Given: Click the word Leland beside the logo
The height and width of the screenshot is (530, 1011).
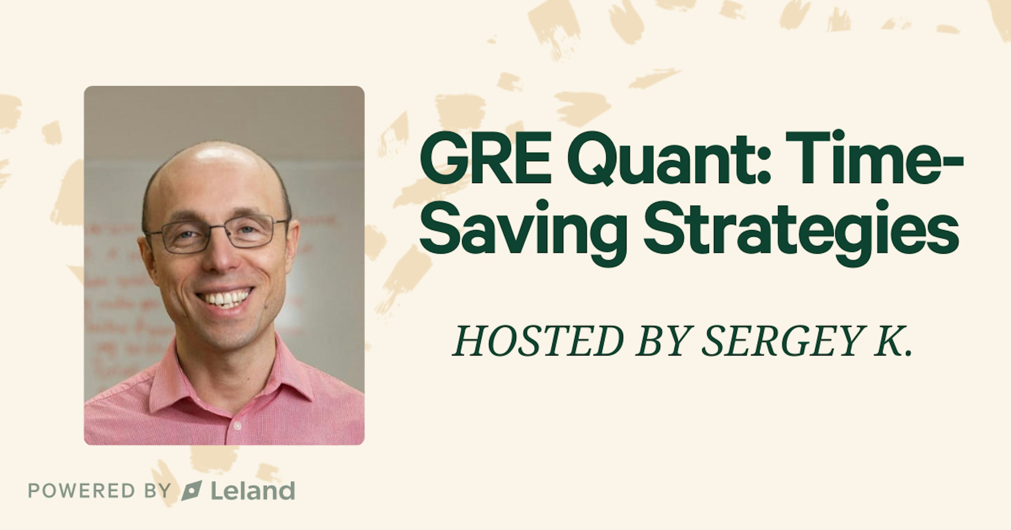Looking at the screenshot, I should [x=253, y=491].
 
